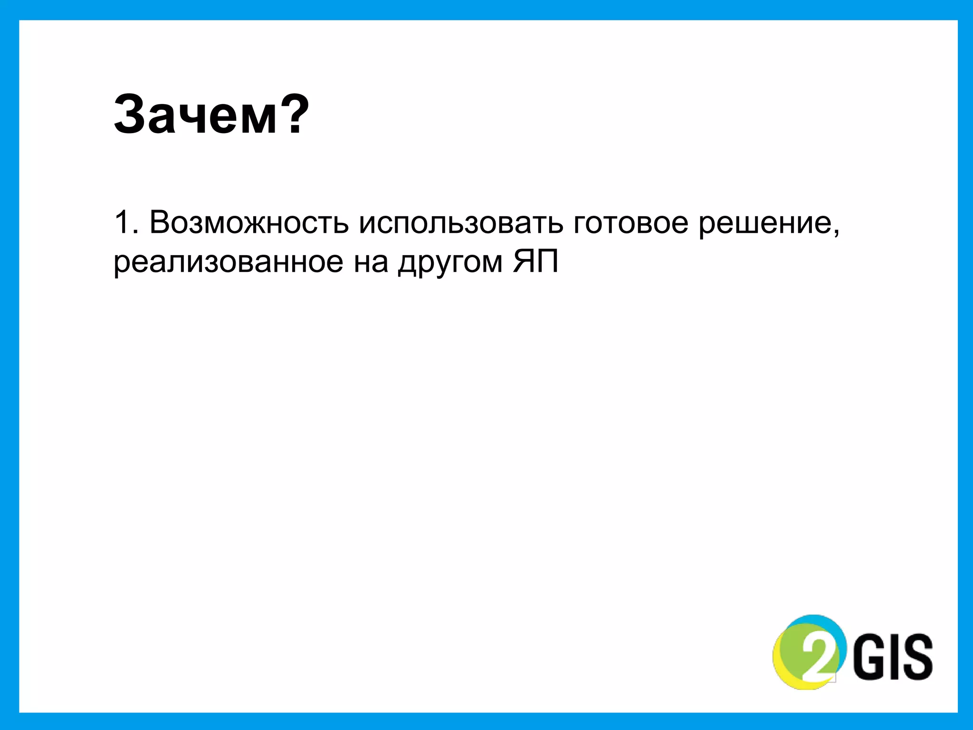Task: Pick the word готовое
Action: point(630,222)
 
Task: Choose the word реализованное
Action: point(228,262)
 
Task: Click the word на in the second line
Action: point(371,262)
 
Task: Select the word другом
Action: point(450,262)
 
